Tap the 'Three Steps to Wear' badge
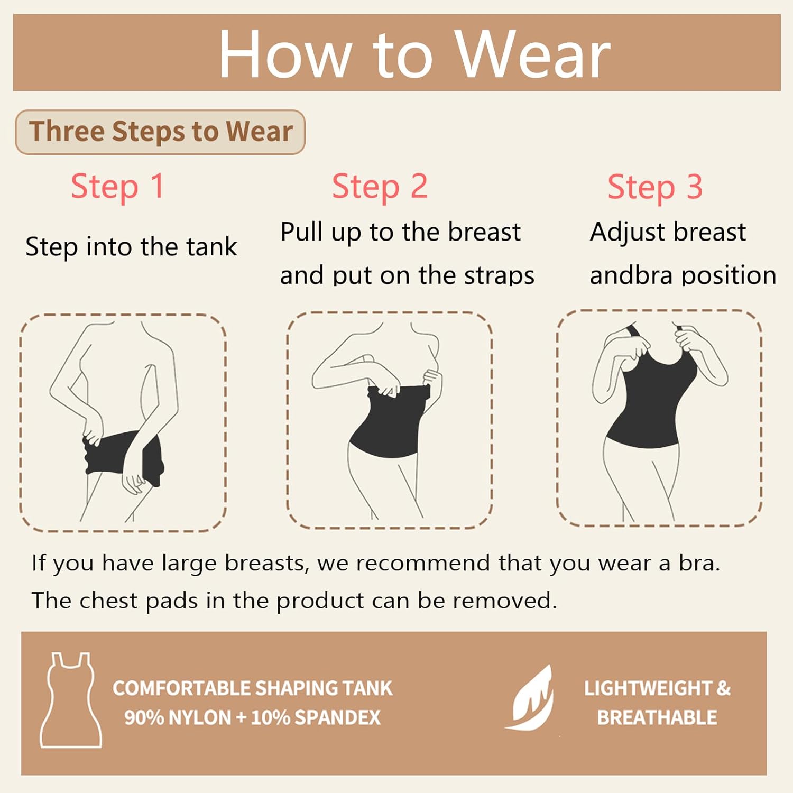[x=160, y=132]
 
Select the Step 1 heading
[x=117, y=187]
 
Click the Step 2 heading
[x=380, y=187]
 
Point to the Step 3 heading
[x=655, y=187]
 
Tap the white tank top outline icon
[x=70, y=700]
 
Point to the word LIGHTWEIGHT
[x=648, y=688]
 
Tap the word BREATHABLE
[x=657, y=717]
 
